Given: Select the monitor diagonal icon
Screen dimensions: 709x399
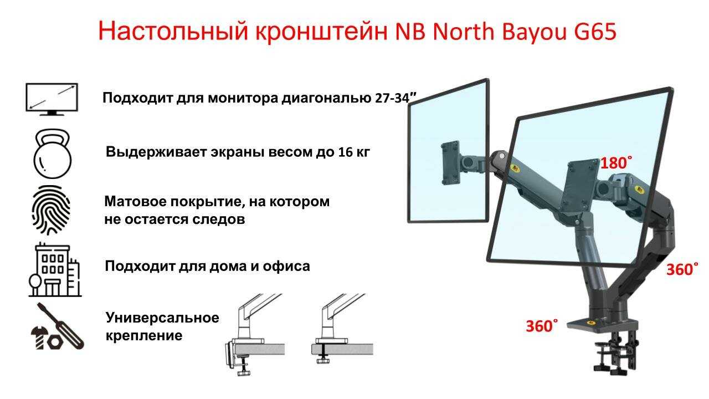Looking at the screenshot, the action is [x=52, y=99].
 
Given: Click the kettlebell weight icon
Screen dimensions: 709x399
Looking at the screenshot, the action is [x=52, y=154].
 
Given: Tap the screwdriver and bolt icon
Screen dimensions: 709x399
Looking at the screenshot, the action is [x=58, y=326].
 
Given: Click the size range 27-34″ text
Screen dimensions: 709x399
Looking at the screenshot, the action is [x=396, y=98].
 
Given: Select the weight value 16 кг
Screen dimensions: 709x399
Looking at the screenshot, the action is [x=353, y=152].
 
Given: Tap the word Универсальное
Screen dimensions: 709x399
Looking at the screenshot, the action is [x=162, y=318].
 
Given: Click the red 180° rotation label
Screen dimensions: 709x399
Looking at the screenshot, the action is [x=616, y=163].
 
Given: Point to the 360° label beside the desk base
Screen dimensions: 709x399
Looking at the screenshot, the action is [x=542, y=326].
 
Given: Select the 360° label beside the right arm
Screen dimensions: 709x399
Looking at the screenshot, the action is [x=682, y=269].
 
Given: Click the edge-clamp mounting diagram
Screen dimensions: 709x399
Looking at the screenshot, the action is [x=254, y=335].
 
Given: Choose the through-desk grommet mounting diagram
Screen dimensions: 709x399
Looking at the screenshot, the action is [x=342, y=329].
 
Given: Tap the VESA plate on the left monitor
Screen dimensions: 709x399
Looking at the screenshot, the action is [x=450, y=163].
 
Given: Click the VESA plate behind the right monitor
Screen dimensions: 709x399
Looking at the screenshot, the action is [x=580, y=187].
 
